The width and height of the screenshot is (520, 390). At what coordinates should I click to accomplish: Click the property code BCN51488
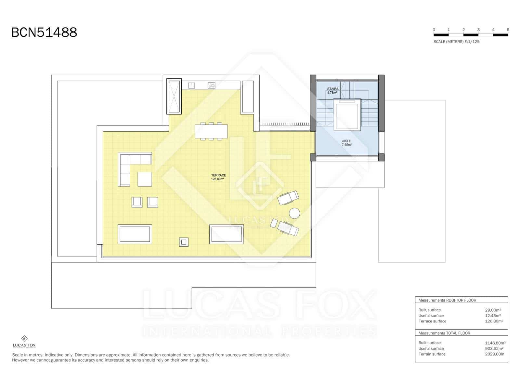pos(44,32)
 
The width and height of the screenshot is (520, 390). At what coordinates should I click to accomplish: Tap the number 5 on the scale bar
pos(508,30)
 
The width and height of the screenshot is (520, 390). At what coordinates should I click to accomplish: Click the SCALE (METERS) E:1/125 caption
pos(456,42)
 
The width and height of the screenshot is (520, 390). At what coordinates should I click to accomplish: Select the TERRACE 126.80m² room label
pos(218,177)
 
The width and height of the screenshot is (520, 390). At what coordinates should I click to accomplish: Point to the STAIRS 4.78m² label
pos(332,91)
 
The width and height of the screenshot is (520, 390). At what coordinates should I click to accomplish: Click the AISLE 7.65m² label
pos(346,143)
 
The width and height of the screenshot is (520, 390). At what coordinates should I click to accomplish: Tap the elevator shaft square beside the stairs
pos(347,115)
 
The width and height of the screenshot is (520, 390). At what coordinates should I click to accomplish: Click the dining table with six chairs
pos(211,131)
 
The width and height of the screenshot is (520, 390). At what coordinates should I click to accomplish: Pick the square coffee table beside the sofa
pos(145,179)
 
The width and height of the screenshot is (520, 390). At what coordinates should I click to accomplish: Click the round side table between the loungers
pos(294,214)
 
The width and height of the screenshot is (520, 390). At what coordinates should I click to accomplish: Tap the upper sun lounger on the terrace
pos(288,198)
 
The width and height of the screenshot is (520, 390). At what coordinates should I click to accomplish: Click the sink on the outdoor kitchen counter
pos(191,85)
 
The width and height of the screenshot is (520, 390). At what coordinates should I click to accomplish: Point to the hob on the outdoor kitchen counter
pos(211,85)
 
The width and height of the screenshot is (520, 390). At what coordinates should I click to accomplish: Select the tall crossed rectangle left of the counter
pos(174,96)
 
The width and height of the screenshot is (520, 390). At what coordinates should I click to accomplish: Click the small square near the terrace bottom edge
pos(184,242)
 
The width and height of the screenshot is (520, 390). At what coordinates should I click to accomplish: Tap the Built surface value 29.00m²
pos(493,310)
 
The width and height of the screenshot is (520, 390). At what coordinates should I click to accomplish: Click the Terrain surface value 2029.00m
pos(494,354)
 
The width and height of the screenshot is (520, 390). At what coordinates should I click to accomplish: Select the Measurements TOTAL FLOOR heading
pos(444,333)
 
